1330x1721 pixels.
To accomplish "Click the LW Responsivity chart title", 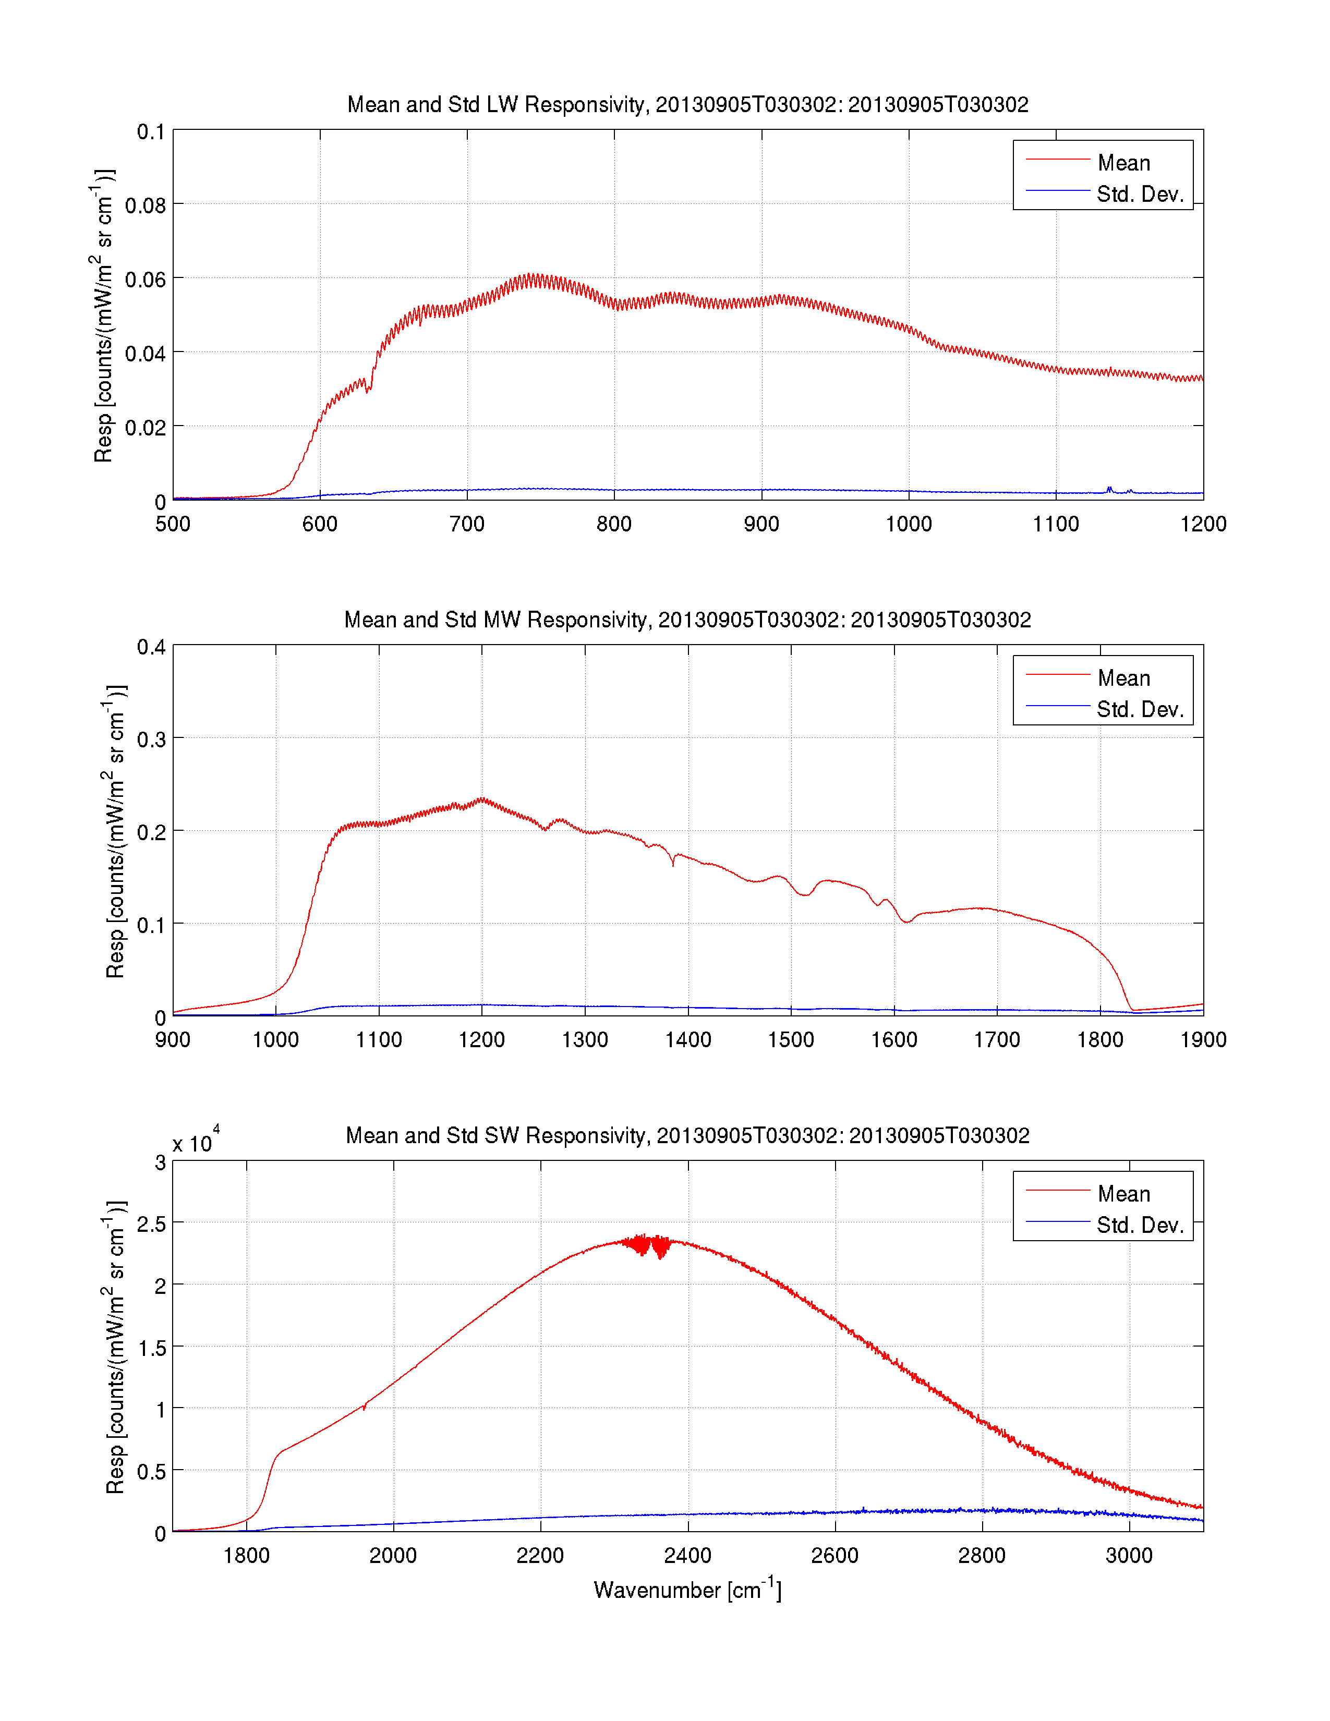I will [x=687, y=105].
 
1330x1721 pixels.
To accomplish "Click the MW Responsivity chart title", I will [x=687, y=620].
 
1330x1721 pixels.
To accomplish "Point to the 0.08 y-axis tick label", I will [x=145, y=205].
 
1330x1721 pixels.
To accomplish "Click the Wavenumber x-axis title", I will [x=687, y=1590].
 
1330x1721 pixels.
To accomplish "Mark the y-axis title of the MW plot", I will [x=115, y=831].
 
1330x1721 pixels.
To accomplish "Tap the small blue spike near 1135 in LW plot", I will [x=1109, y=489].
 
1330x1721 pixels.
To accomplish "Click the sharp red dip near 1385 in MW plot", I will [x=673, y=865].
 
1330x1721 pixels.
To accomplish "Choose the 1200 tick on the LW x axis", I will [x=1202, y=524].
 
